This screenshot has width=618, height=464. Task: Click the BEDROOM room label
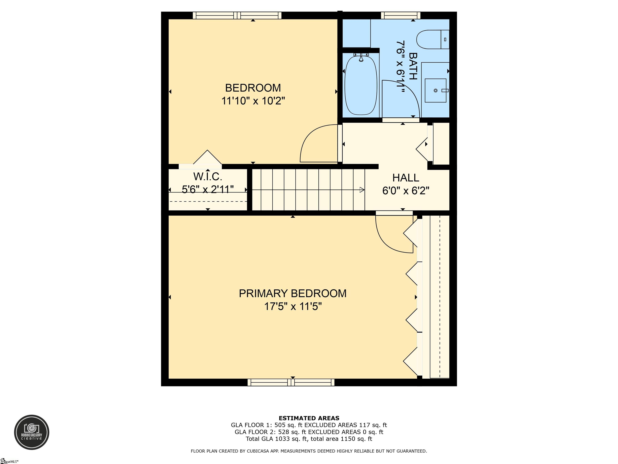coord(253,88)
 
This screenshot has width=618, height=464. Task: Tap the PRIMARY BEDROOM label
coord(293,293)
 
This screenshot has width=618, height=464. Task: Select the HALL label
coord(406,178)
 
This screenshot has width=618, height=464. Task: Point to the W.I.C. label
coord(208,176)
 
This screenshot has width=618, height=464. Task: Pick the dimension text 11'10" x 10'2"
coord(253,101)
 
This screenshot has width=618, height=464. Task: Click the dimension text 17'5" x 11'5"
coord(293,307)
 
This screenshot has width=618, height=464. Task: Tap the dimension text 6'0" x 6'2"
coord(406,191)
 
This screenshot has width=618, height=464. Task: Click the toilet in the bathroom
coord(433,39)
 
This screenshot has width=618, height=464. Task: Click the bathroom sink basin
coord(436,90)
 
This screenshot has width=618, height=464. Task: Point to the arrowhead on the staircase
coord(362,190)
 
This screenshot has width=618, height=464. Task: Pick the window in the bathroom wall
coord(401,15)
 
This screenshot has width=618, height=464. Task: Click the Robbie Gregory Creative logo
coord(32,432)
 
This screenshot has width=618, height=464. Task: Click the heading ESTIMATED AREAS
coord(309,418)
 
